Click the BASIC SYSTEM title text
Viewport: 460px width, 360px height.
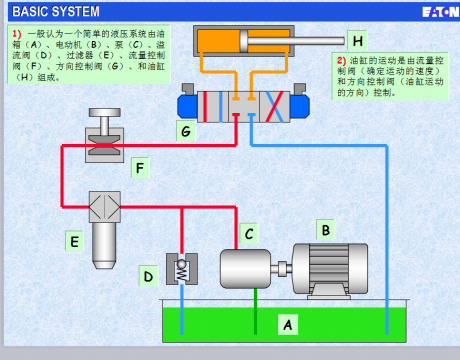pos(56,11)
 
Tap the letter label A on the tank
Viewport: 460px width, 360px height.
pos(288,324)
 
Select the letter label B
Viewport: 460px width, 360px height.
pos(324,230)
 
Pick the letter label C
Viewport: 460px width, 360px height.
pos(249,234)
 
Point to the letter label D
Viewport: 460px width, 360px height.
pos(147,275)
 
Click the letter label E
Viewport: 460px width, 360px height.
pos(73,240)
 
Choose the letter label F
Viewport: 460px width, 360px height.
pos(140,166)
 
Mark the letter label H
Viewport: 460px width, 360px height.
pos(357,42)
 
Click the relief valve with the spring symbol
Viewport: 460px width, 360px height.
pos(181,268)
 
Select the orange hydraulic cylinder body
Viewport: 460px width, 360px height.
pos(240,42)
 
